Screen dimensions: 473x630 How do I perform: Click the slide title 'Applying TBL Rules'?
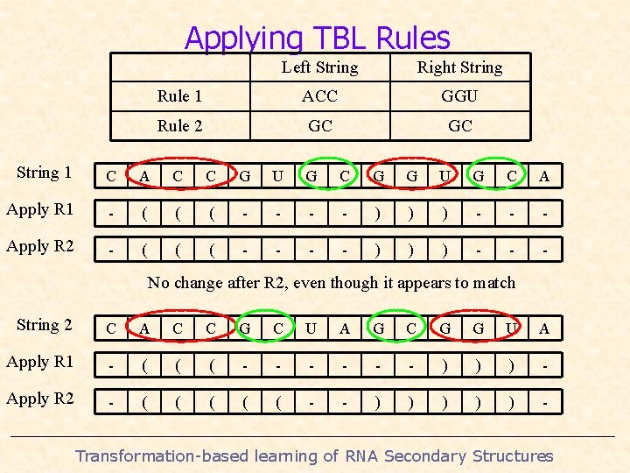317,38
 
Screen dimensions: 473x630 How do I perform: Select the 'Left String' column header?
319,67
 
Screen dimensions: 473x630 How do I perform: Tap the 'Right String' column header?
459,67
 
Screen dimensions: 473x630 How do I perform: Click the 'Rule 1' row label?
179,96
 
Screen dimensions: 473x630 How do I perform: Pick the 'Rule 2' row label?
179,126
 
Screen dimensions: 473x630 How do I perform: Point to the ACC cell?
319,96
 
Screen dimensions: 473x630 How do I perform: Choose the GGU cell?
459,96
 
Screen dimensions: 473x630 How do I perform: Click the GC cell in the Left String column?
319,126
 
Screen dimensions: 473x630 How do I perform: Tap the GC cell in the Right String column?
459,126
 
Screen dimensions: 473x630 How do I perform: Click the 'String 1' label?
44,173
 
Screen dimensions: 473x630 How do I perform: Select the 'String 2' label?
44,325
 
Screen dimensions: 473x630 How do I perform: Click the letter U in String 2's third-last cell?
511,328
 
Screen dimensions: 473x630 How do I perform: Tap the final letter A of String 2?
544,328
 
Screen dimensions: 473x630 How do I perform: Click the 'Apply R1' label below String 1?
40,209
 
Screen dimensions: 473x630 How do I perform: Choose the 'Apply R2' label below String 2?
40,399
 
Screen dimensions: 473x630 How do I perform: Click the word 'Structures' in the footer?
513,455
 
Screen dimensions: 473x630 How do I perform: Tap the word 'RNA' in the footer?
361,455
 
